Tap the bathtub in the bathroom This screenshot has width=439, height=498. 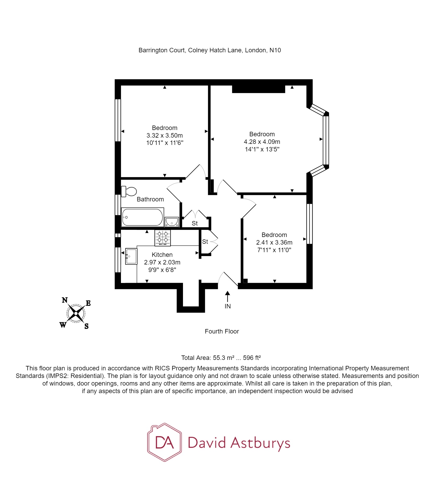(x=142, y=217)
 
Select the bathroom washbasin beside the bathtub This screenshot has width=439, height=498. (x=172, y=222)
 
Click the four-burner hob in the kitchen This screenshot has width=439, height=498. (x=163, y=238)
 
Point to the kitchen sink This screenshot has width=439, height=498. (x=131, y=256)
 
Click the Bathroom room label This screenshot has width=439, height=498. (x=150, y=199)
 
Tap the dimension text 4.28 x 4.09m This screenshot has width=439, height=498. (x=262, y=142)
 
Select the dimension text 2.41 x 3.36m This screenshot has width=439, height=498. (x=274, y=242)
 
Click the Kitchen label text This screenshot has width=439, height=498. (x=162, y=255)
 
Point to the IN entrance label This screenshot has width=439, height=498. (x=227, y=306)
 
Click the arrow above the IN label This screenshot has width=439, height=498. (x=227, y=296)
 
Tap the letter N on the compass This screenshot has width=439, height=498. (x=65, y=300)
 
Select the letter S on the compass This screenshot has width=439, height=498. (x=86, y=326)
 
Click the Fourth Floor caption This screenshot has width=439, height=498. (x=222, y=331)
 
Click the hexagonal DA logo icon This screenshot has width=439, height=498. (x=164, y=442)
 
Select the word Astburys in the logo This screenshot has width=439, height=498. (x=260, y=443)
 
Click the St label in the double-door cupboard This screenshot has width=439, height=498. (x=195, y=223)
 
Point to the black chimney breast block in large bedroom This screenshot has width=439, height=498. (x=258, y=89)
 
